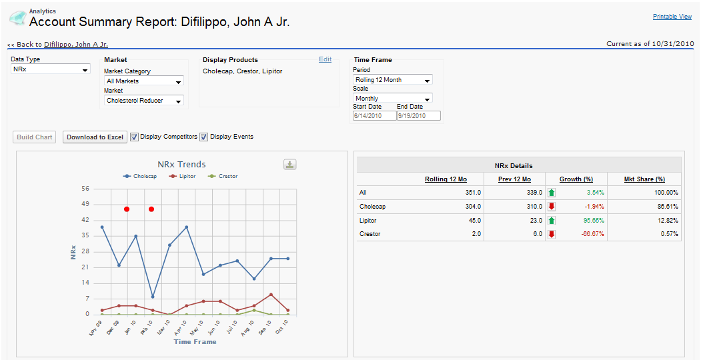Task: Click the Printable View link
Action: [672, 17]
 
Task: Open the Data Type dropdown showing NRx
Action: [51, 69]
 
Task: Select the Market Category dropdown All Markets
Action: [144, 81]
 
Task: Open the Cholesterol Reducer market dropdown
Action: [144, 101]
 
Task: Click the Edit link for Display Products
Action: [325, 59]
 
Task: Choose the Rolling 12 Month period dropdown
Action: [392, 80]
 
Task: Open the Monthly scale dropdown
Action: [392, 98]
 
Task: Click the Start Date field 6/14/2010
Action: [374, 115]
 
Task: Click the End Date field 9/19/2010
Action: [418, 115]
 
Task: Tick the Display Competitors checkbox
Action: [134, 137]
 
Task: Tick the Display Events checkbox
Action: [204, 137]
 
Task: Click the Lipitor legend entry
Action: [183, 177]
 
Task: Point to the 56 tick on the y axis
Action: [85, 189]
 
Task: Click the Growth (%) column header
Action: [576, 179]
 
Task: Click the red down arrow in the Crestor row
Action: [552, 234]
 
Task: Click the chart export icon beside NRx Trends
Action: [289, 165]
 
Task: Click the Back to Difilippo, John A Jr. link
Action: [57, 45]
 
